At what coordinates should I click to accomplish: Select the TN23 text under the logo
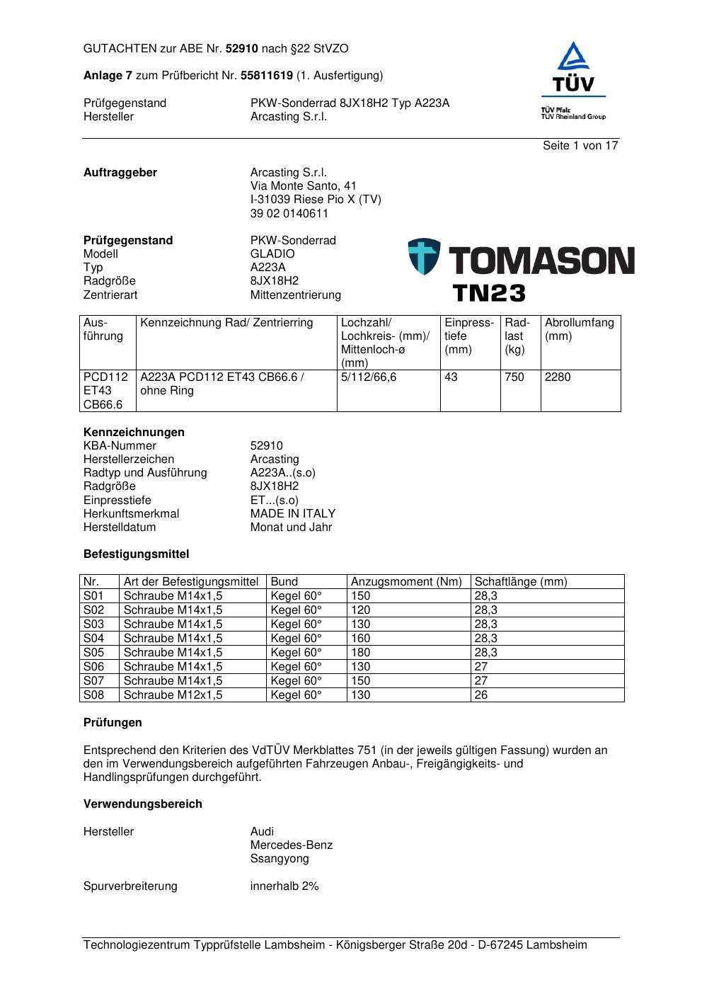pyautogui.click(x=489, y=292)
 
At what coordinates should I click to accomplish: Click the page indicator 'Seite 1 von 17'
pyautogui.click(x=580, y=146)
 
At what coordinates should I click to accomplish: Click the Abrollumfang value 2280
pyautogui.click(x=558, y=377)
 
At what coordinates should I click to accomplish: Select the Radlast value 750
pyautogui.click(x=514, y=377)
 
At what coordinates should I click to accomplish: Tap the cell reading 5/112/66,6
pyautogui.click(x=369, y=377)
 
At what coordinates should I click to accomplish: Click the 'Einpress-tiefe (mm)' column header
pyautogui.click(x=469, y=336)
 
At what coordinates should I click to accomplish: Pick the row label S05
pyautogui.click(x=93, y=653)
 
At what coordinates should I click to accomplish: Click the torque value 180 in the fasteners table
pyautogui.click(x=361, y=653)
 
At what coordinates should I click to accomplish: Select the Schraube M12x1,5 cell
pyautogui.click(x=173, y=695)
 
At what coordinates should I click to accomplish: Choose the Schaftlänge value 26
pyautogui.click(x=481, y=695)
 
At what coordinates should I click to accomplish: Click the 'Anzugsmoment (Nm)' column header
pyautogui.click(x=406, y=582)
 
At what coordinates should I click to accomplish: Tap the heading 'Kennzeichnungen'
pyautogui.click(x=134, y=433)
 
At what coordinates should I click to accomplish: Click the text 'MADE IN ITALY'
pyautogui.click(x=293, y=514)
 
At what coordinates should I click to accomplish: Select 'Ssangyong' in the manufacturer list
pyautogui.click(x=280, y=859)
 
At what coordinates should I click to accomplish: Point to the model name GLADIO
pyautogui.click(x=272, y=254)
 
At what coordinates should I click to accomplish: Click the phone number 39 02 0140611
pyautogui.click(x=289, y=214)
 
